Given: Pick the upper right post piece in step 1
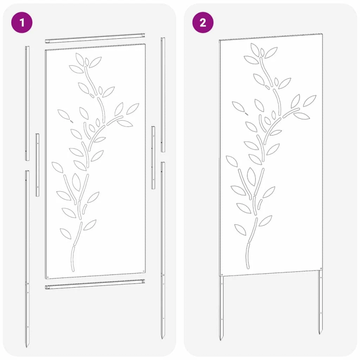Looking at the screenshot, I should point(163,94).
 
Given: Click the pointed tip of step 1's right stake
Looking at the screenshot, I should point(162,337).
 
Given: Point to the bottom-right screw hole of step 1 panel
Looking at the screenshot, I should point(143,270).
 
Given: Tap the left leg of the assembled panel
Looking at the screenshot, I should point(221,306).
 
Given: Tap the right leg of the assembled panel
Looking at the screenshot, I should point(320,301).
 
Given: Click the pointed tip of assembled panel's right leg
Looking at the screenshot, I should point(320,334).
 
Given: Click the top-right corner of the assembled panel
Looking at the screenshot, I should point(323,34).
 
